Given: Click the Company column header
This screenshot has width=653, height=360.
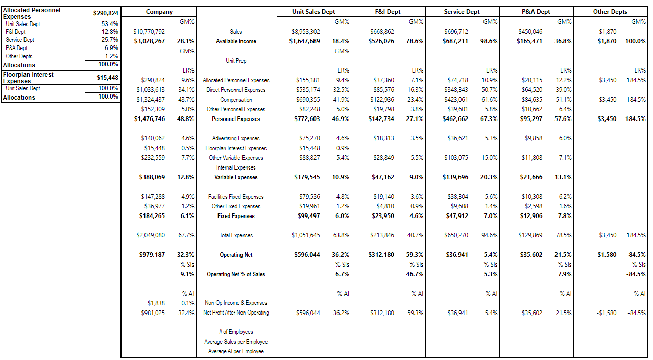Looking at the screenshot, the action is pos(159,12).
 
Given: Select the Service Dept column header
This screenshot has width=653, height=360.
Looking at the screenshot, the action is pos(462,12).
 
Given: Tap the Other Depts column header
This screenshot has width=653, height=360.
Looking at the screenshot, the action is pos(610,12).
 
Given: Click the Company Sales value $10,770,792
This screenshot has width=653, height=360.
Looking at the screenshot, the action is pos(149,32).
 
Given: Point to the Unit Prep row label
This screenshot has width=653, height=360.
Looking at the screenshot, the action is pos(236,61).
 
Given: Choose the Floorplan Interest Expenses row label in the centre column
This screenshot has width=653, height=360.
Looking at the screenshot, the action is pos(236,148).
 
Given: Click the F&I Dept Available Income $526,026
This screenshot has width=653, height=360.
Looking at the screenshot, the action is pos(381,41).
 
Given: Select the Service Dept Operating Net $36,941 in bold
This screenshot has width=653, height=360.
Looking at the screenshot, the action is pos(457,255).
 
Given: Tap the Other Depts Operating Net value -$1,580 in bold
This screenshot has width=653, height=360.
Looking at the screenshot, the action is pos(606,255).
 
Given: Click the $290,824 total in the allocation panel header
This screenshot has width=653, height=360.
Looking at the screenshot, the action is pos(106,13).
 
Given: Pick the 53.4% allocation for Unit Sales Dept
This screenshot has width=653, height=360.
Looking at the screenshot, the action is pos(110,24).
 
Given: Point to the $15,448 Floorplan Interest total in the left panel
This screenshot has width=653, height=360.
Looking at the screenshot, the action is pos(107,78).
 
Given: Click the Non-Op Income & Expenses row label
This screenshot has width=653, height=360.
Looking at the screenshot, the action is pos(236,303).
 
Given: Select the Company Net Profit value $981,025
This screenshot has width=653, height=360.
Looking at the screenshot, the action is pos(153,313).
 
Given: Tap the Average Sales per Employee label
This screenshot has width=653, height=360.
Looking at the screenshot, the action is pos(236,342).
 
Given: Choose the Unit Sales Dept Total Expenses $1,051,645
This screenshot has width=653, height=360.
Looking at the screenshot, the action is pos(305,235).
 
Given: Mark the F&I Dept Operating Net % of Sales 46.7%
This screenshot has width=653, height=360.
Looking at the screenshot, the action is pos(415,274).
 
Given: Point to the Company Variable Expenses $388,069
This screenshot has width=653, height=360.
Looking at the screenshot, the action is pos(152,177).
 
